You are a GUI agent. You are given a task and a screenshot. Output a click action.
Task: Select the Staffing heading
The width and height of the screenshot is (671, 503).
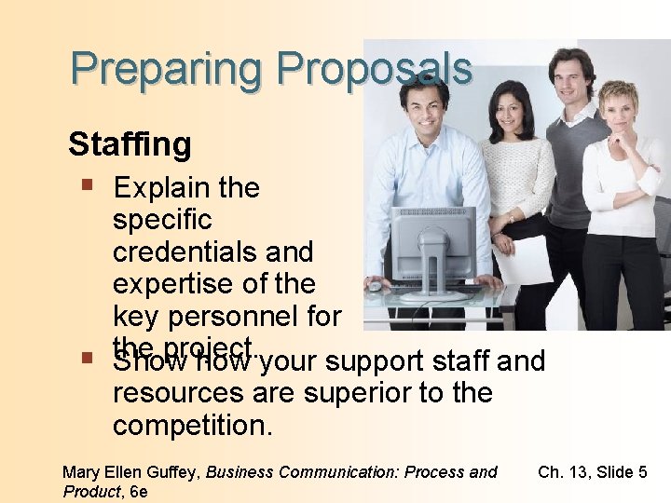point(130,144)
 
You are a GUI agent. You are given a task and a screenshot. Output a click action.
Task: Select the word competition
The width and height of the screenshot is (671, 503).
point(193,426)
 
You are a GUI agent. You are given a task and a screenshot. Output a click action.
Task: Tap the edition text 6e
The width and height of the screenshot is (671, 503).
point(138,491)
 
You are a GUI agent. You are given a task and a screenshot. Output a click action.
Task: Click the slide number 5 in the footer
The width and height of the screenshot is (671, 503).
point(641,472)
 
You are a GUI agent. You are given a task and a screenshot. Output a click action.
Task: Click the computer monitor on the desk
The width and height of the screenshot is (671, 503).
point(433,244)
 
